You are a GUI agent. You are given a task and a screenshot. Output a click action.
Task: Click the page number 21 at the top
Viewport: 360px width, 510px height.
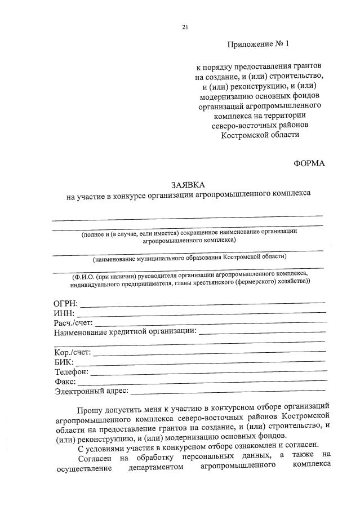coord(185,26)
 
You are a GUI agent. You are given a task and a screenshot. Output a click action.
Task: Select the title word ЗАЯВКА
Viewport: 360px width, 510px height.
coord(189,185)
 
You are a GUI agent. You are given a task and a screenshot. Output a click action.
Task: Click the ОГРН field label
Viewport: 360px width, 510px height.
coord(66,304)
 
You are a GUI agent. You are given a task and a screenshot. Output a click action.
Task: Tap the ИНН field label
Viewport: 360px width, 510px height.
coord(64,313)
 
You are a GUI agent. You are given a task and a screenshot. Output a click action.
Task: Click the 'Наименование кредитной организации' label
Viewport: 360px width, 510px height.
coord(125,332)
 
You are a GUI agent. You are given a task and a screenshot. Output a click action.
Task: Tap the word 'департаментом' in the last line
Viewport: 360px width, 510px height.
coord(155,465)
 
